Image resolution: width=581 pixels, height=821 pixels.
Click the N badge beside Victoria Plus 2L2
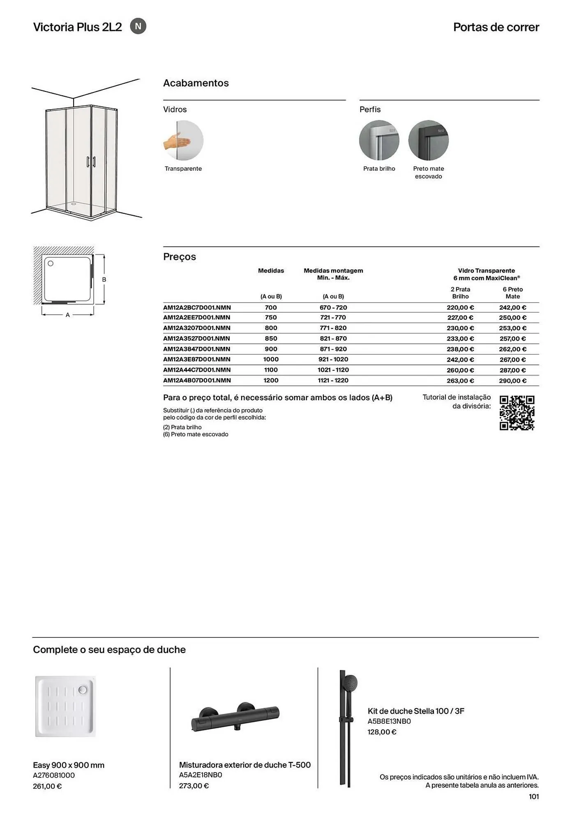[x=138, y=26]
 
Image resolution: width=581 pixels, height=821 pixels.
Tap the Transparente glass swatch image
[x=183, y=140]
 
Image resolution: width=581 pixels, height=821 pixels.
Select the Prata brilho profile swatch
[x=379, y=140]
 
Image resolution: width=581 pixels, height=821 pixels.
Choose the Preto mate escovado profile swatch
[x=428, y=140]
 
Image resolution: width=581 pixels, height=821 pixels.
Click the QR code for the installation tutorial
[x=517, y=413]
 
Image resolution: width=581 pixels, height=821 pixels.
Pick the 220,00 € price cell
[x=460, y=307]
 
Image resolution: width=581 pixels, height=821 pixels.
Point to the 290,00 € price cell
[x=512, y=381]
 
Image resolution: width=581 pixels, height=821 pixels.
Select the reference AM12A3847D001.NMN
[x=197, y=349]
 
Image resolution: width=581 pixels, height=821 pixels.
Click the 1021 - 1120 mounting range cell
[x=333, y=370]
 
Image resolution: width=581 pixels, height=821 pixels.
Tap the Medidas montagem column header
[x=333, y=274]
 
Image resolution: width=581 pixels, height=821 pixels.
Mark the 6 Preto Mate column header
[x=512, y=293]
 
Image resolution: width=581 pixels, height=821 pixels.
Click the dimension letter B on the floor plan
[x=104, y=280]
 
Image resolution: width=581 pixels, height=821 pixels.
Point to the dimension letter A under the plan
[x=68, y=315]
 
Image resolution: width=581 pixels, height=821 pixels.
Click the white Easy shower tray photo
[x=65, y=706]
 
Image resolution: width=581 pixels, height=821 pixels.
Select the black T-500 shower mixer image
[x=235, y=718]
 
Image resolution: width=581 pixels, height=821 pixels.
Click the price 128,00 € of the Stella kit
[x=382, y=732]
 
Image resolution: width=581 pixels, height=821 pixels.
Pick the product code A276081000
[x=54, y=775]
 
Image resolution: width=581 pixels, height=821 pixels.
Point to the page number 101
[x=534, y=796]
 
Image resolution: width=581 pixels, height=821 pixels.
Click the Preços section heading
[x=180, y=257]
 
